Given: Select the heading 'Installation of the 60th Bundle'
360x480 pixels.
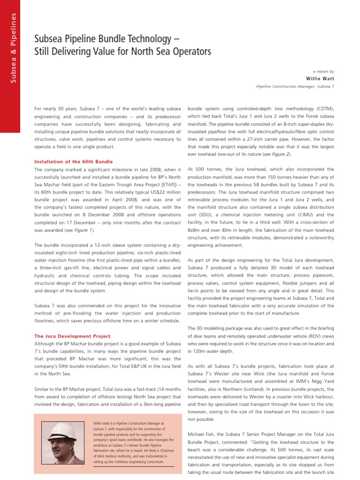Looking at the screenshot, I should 74,162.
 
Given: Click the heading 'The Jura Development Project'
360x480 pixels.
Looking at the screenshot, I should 73,336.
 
